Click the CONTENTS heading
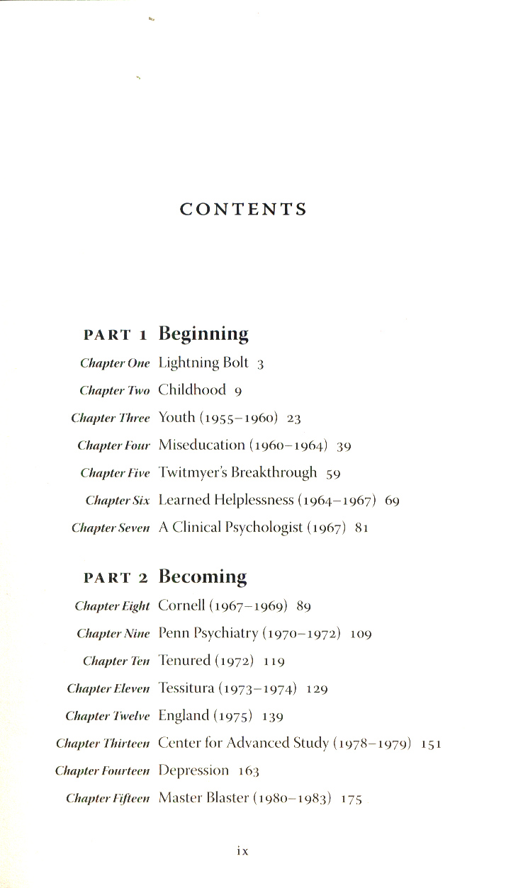point(243,210)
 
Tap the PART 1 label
point(116,335)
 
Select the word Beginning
point(203,334)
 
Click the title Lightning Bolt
point(203,363)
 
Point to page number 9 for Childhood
point(239,392)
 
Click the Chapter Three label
point(111,419)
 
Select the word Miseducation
point(201,445)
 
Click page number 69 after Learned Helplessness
point(393,501)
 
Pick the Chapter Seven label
point(111,528)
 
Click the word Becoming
point(203,576)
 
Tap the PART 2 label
point(116,578)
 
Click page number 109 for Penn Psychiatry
point(361,634)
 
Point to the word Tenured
point(184,661)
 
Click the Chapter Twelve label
point(108,717)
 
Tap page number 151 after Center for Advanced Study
point(432,745)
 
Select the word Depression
point(193,770)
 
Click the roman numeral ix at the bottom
point(242,852)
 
